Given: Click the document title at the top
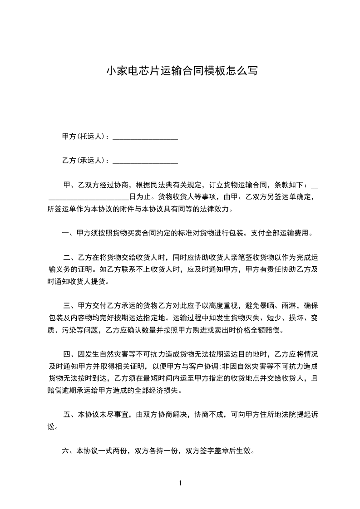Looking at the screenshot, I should pos(182,71).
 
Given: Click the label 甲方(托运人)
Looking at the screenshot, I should pos(84,136).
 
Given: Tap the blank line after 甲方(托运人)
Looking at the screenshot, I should pos(145,137).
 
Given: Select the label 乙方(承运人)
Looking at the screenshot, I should pos(84,161).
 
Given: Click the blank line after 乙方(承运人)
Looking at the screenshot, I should pos(145,162).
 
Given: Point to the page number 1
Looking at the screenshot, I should pos(180,483).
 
